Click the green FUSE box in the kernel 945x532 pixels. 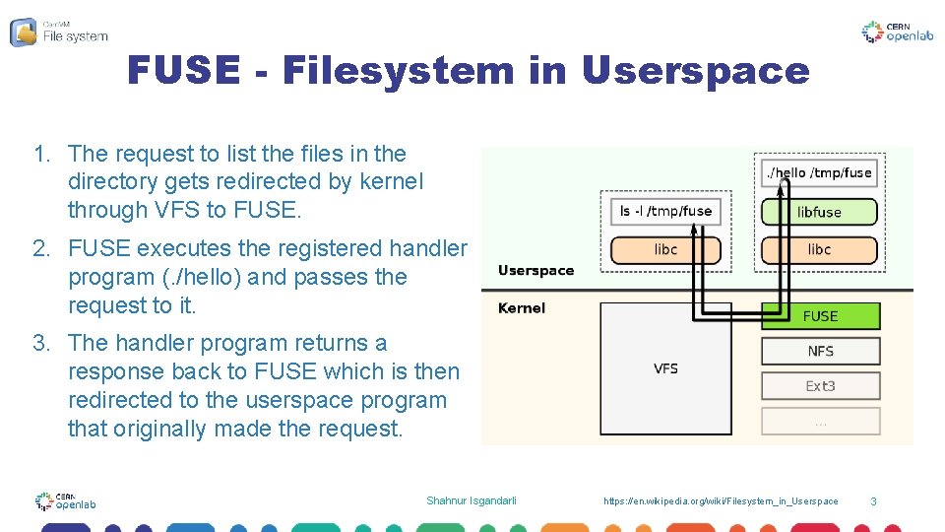820,316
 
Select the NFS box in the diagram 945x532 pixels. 820,351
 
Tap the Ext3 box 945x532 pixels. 820,386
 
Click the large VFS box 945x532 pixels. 666,368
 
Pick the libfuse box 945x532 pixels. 819,212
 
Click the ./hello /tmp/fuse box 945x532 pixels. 819,172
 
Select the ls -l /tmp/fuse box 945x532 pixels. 665,211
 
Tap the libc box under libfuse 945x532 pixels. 819,249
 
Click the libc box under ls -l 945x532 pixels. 665,249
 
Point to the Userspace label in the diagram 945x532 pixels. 535,270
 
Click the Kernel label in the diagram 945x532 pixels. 522,308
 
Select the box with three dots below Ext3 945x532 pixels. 820,421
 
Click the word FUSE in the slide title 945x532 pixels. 183,71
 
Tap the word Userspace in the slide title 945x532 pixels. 695,71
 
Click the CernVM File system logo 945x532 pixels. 59,32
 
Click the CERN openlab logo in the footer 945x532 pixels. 65,501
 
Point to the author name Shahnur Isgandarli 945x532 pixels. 471,501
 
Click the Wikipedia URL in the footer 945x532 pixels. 721,501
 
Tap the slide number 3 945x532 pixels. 872,502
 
